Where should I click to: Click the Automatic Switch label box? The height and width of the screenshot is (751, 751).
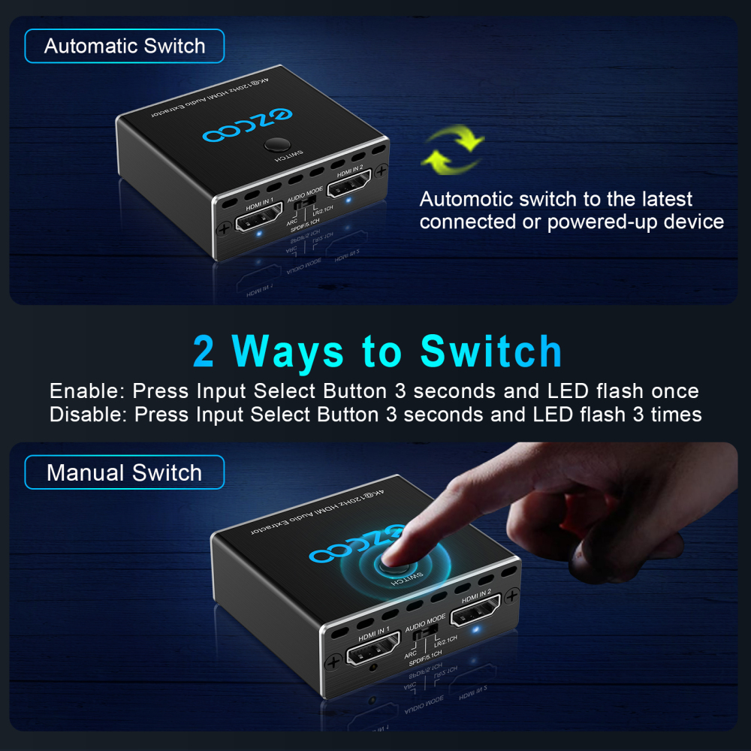[x=125, y=47]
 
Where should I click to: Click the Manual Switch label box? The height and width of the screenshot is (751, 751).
[x=125, y=473]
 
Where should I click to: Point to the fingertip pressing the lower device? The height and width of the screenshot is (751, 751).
[x=391, y=556]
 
